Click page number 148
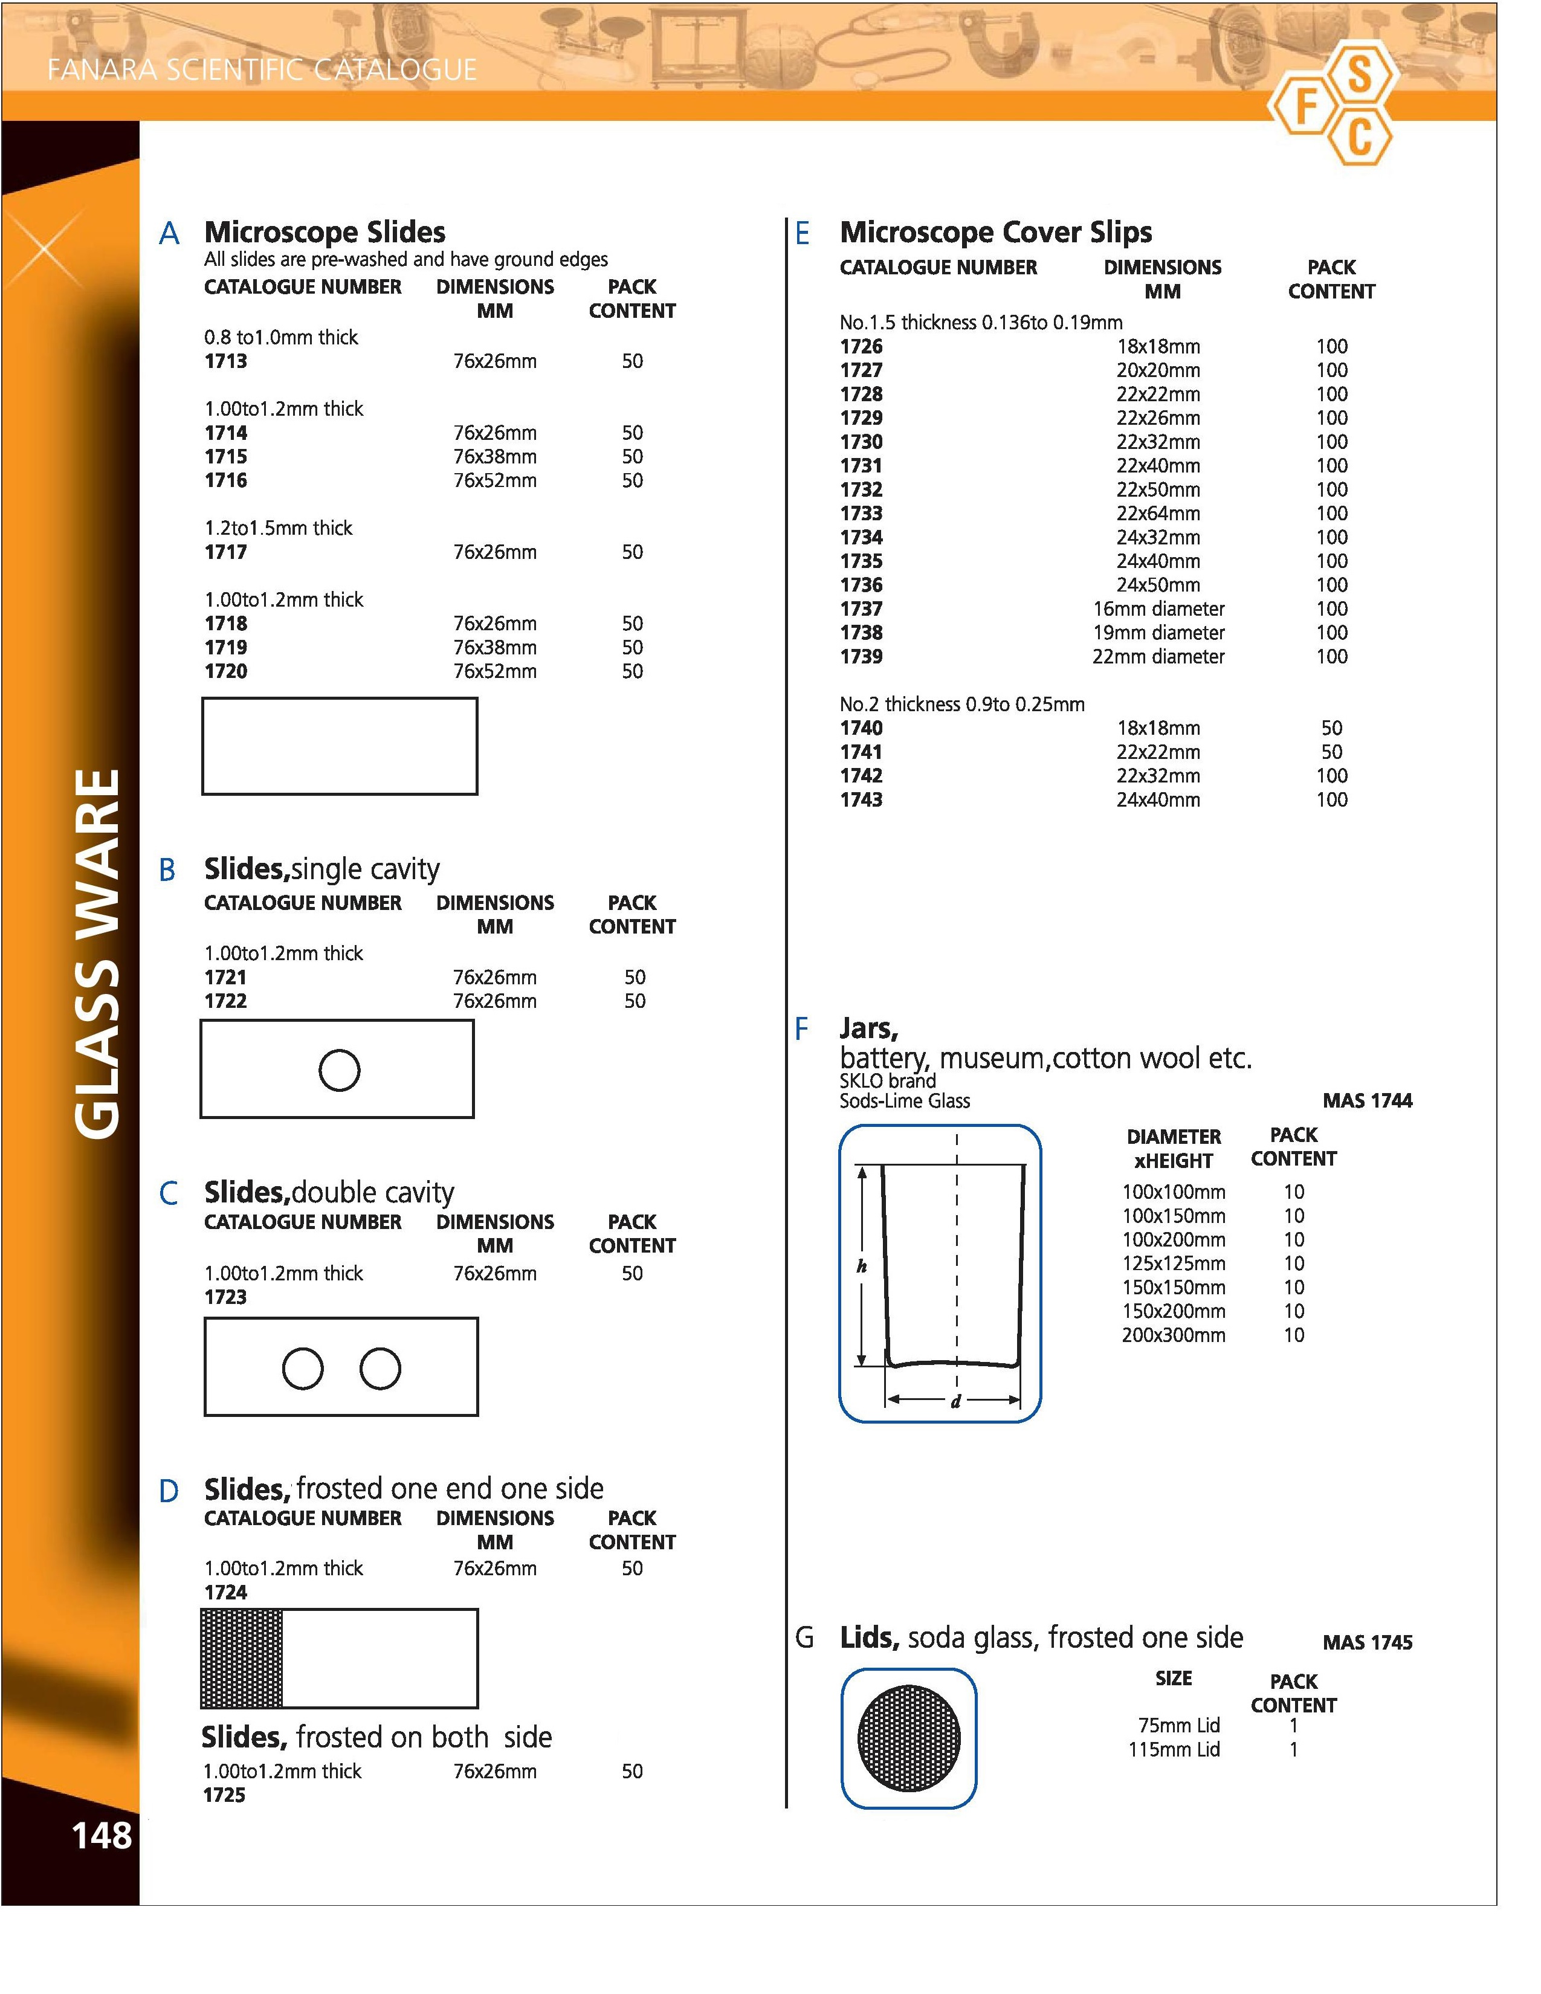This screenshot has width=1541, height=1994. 102,1835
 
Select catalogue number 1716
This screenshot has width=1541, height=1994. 225,480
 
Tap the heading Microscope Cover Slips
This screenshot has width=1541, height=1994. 995,232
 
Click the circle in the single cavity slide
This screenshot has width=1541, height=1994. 338,1070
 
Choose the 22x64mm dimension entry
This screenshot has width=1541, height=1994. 1158,513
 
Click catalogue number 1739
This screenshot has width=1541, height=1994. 861,656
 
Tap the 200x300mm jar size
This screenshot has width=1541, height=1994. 1173,1335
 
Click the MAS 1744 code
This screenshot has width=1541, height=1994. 1366,1101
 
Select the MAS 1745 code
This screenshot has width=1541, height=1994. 1366,1642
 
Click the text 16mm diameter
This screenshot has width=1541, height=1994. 1158,609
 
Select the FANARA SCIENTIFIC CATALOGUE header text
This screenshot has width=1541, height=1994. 262,70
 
